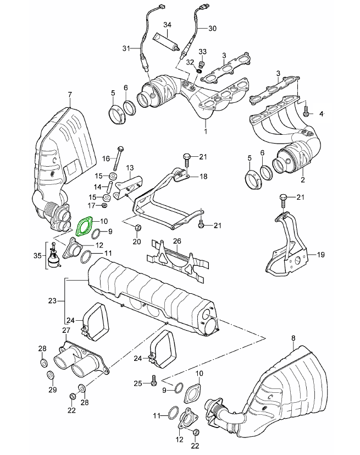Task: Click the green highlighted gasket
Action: point(84,226)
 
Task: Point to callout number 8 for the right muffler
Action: point(293,337)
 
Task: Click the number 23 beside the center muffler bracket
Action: point(53,301)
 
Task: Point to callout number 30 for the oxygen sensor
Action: point(213,28)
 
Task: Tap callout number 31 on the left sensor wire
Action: point(126,48)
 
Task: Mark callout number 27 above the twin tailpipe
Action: point(66,330)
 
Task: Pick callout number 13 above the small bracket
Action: point(130,168)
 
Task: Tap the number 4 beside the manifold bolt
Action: point(323,113)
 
